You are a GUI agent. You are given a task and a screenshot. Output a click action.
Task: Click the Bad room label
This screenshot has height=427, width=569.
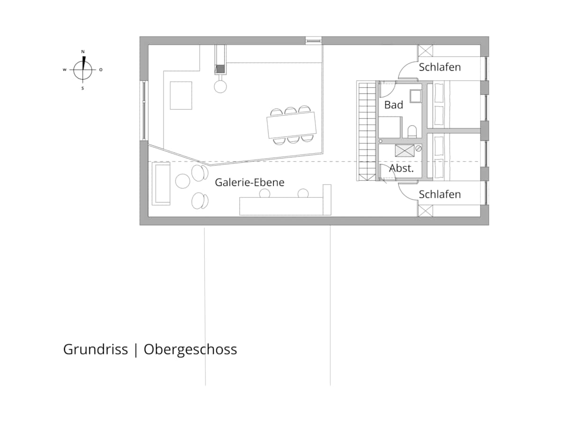pos(393,105)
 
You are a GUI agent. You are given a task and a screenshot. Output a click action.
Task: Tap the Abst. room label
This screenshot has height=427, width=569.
pos(401,168)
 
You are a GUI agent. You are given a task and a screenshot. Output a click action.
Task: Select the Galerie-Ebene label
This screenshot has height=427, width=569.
pos(249,182)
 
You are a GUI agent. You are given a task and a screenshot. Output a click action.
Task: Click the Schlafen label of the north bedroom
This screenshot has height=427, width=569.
pos(440,67)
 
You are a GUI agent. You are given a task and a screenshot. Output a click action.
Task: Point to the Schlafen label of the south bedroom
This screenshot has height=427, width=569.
pos(440,195)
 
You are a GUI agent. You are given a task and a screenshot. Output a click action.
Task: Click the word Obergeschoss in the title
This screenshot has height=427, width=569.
pos(190,350)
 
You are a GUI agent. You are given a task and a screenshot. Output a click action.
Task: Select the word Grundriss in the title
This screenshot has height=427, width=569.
pos(95,349)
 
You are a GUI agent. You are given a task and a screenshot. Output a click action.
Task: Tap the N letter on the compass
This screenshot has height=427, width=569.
pos(83,52)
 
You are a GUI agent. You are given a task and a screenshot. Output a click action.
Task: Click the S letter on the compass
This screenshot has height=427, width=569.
pos(83,88)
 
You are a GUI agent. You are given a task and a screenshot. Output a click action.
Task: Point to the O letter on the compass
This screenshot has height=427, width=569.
pos(101,70)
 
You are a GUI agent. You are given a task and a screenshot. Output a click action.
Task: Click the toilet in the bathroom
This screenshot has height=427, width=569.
pos(412,132)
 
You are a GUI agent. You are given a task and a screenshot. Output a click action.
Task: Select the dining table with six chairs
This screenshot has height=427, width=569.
pos(291,125)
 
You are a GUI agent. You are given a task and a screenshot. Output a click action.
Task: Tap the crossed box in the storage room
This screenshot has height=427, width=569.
pos(404,150)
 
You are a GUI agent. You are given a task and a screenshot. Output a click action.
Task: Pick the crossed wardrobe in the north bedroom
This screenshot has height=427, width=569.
pos(425,51)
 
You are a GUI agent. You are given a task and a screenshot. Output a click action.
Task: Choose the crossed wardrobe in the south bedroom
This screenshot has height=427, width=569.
pos(425,211)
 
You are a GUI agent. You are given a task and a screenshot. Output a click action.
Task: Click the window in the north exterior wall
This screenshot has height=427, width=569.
pos(313,40)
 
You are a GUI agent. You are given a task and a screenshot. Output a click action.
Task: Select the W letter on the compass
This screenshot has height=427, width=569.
pos(64,70)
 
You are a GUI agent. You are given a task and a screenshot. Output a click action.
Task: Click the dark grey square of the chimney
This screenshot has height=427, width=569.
pos(220,69)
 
